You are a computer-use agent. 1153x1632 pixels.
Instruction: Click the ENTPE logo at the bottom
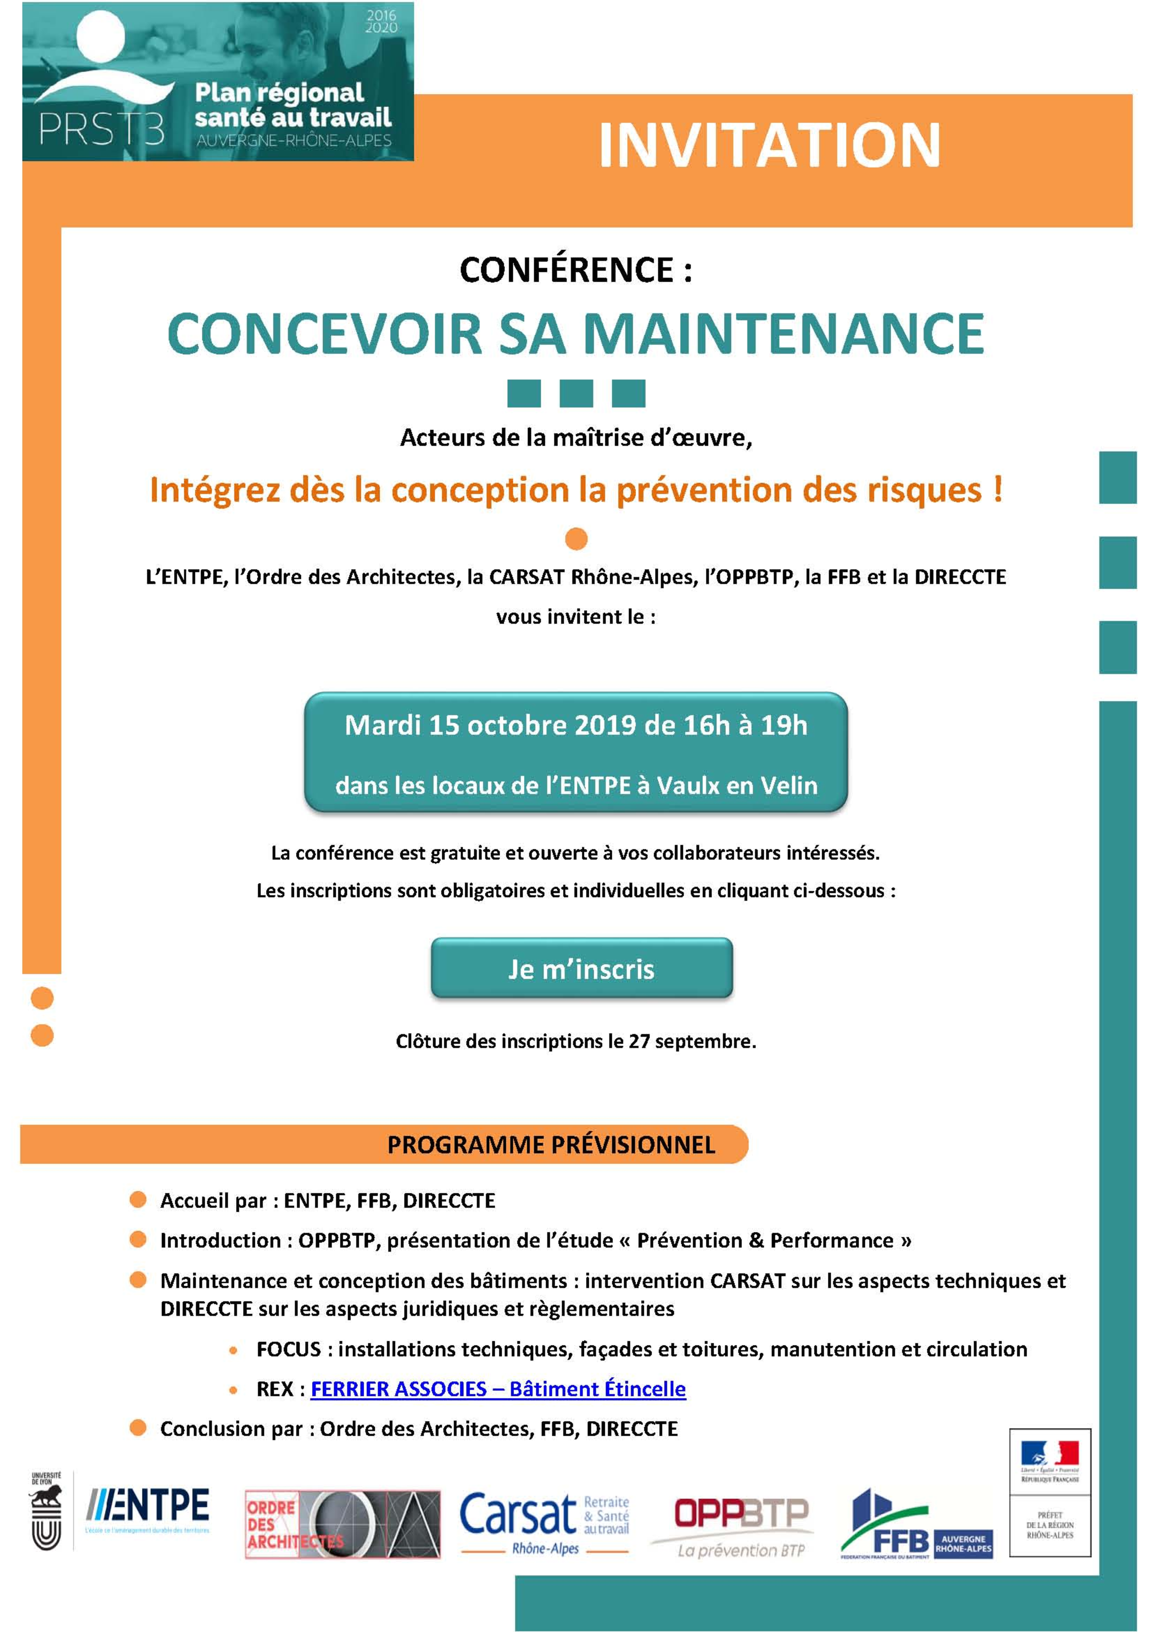pyautogui.click(x=147, y=1506)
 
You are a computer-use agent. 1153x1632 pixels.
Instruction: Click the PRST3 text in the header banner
pyautogui.click(x=101, y=129)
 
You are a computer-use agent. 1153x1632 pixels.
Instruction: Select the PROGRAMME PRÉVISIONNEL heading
pyautogui.click(x=551, y=1144)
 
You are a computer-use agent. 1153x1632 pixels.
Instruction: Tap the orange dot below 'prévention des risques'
pyautogui.click(x=576, y=539)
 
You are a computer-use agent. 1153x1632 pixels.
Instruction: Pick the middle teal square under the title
pyautogui.click(x=576, y=393)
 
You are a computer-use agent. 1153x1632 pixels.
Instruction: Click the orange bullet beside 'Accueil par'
pyautogui.click(x=138, y=1200)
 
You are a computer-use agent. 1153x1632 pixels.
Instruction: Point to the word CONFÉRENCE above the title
pyautogui.click(x=567, y=270)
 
